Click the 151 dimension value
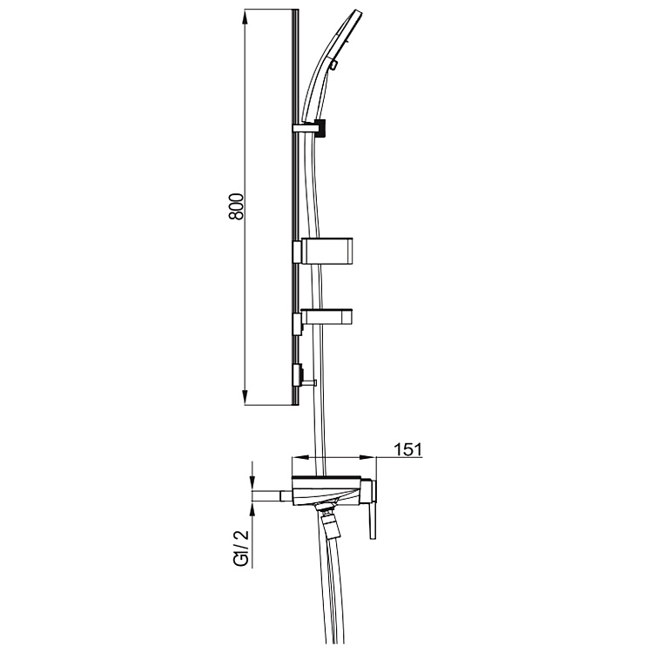point(407,449)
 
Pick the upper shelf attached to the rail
point(329,251)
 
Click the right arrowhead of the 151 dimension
point(383,458)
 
